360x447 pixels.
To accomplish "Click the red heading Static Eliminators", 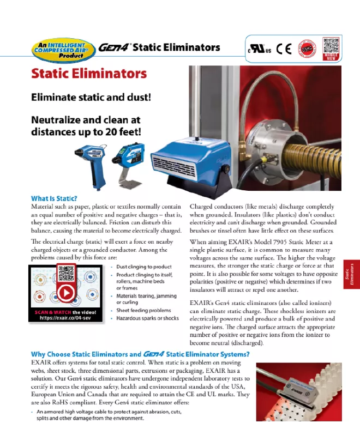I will [x=89, y=74].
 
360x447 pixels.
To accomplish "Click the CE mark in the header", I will [x=284, y=49].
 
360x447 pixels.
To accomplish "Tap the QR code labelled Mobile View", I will [x=331, y=47].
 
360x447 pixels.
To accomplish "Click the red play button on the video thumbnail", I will [x=66, y=293].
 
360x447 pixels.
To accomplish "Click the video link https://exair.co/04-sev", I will [x=65, y=318].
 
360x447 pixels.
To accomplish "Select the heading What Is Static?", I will [x=54, y=198].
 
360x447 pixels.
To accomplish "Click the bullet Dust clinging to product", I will [x=144, y=267].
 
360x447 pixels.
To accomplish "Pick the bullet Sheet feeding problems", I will [x=143, y=310].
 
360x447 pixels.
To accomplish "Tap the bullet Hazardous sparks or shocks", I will [x=147, y=318].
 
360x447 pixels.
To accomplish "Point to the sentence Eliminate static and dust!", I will [x=91, y=98].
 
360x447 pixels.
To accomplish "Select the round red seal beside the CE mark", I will [x=307, y=49].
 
